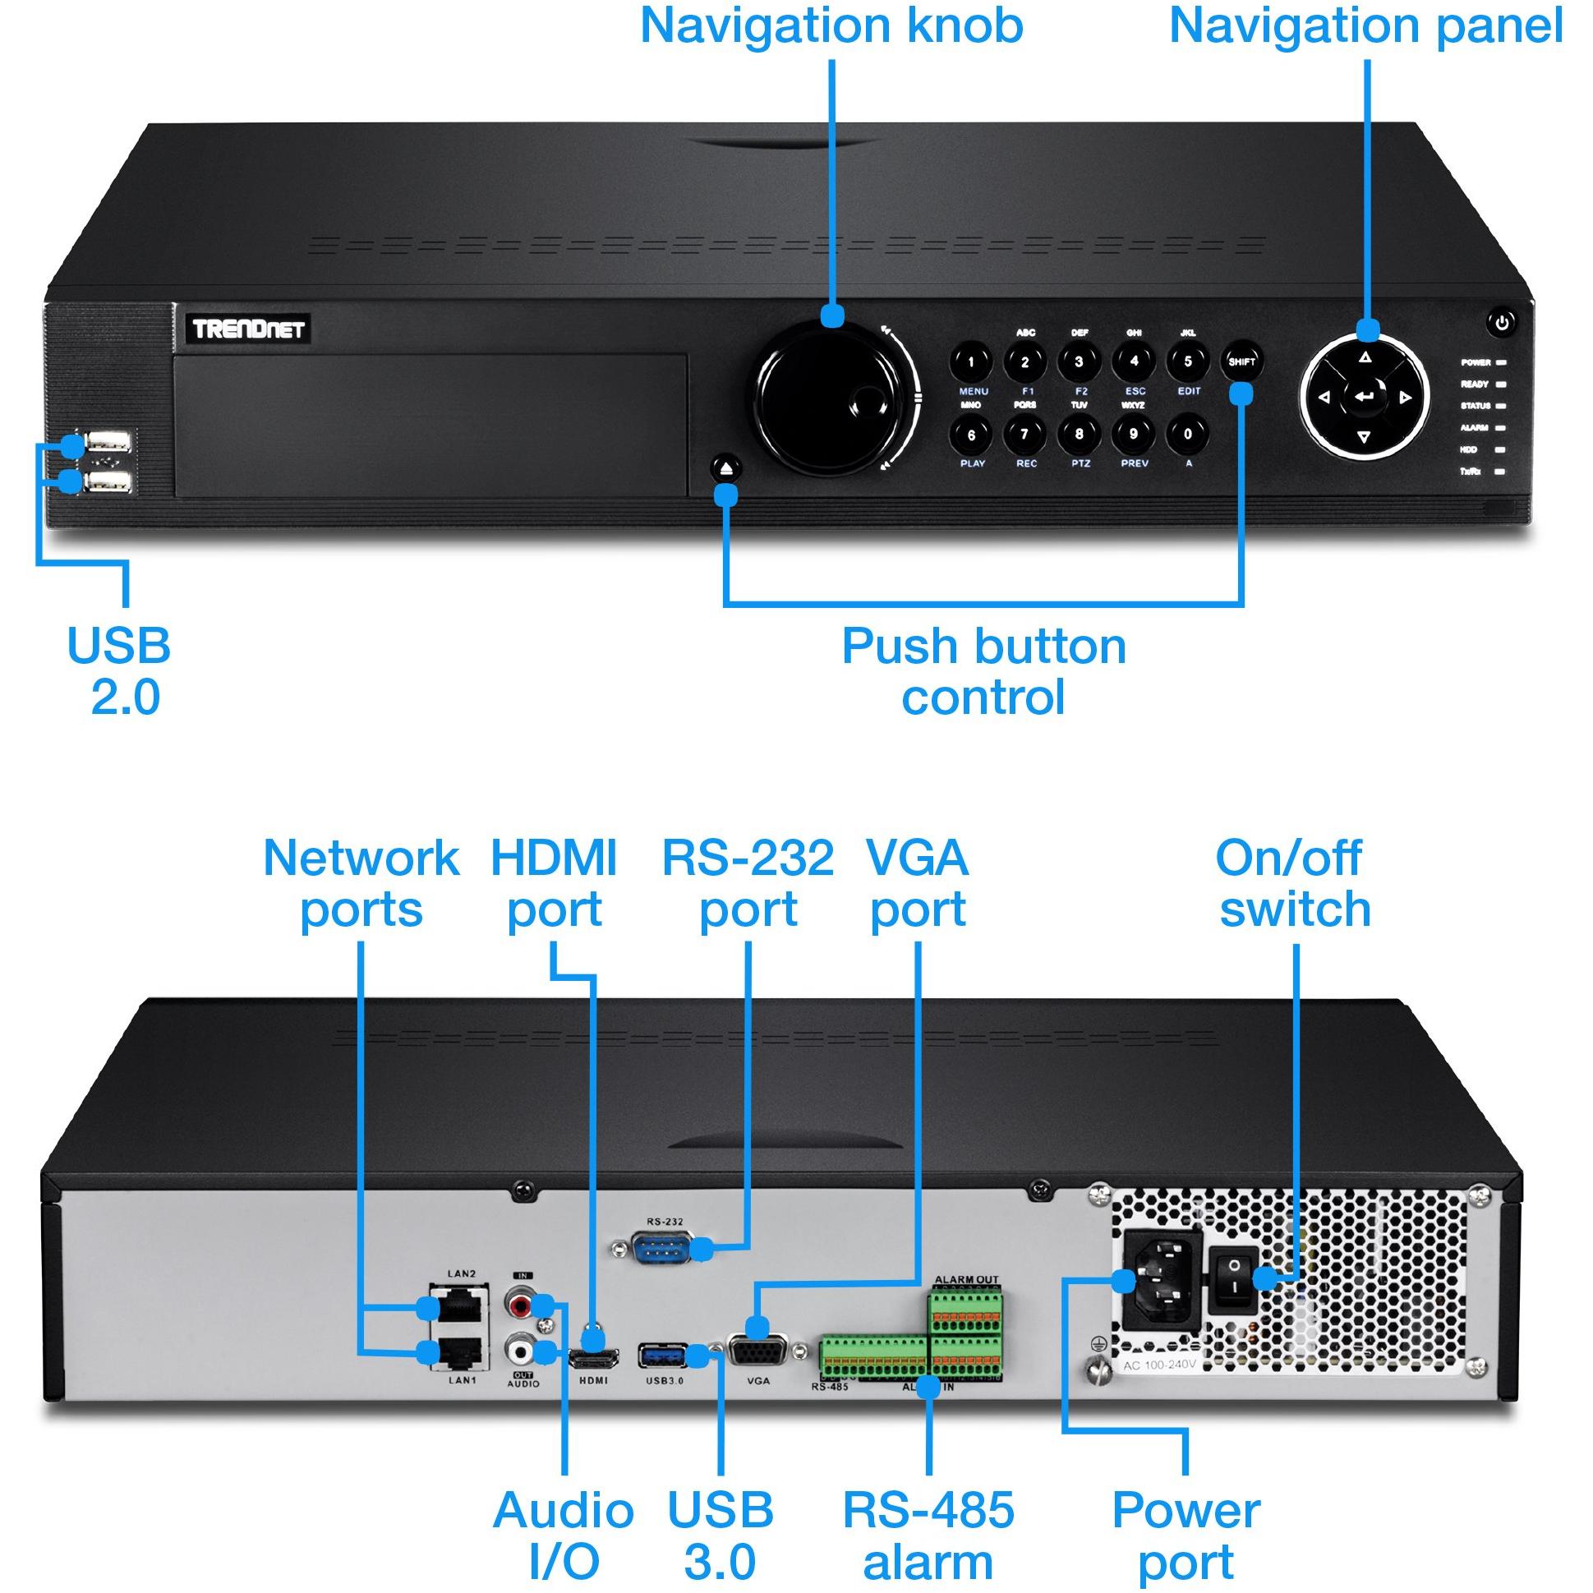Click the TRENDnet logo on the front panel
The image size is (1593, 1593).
(x=248, y=329)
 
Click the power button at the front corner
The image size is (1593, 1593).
(x=1502, y=322)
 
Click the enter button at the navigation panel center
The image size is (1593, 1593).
(x=1365, y=398)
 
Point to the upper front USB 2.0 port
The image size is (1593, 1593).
(x=108, y=442)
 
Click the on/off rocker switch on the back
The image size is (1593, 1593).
(x=1233, y=1280)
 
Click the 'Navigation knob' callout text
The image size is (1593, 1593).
(x=831, y=25)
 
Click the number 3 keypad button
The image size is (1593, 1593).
(x=1079, y=361)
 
